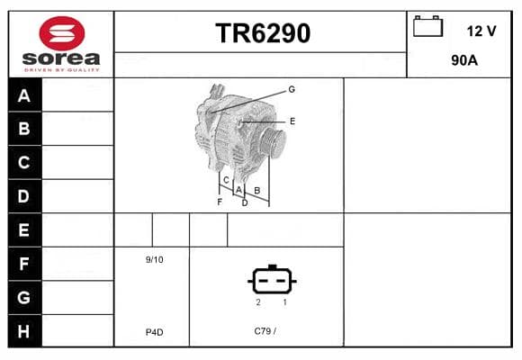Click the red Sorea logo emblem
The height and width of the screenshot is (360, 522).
(x=62, y=33)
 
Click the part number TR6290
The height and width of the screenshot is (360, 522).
(x=263, y=33)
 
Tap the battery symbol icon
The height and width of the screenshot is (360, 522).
(x=427, y=26)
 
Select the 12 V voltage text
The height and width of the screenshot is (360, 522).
(x=481, y=31)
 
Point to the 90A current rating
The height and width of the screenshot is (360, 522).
(x=464, y=60)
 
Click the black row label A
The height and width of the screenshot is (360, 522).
(x=24, y=96)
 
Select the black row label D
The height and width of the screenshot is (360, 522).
(x=23, y=196)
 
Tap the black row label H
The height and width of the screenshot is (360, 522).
(x=23, y=331)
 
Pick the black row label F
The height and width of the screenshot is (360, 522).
(x=23, y=264)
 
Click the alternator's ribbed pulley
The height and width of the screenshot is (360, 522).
(x=273, y=142)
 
